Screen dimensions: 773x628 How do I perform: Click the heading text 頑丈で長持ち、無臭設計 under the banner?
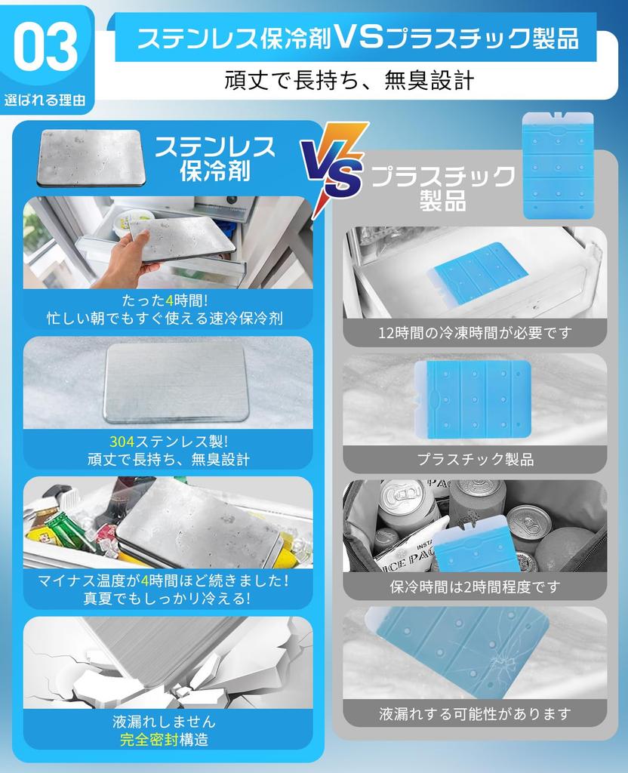pyautogui.click(x=349, y=80)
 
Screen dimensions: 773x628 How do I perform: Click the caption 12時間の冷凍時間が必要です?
pyautogui.click(x=475, y=332)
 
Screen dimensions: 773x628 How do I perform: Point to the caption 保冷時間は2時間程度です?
pyautogui.click(x=475, y=587)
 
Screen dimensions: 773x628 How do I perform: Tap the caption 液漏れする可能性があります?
pyautogui.click(x=475, y=713)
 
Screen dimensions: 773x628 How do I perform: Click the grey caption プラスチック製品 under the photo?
pyautogui.click(x=475, y=459)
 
